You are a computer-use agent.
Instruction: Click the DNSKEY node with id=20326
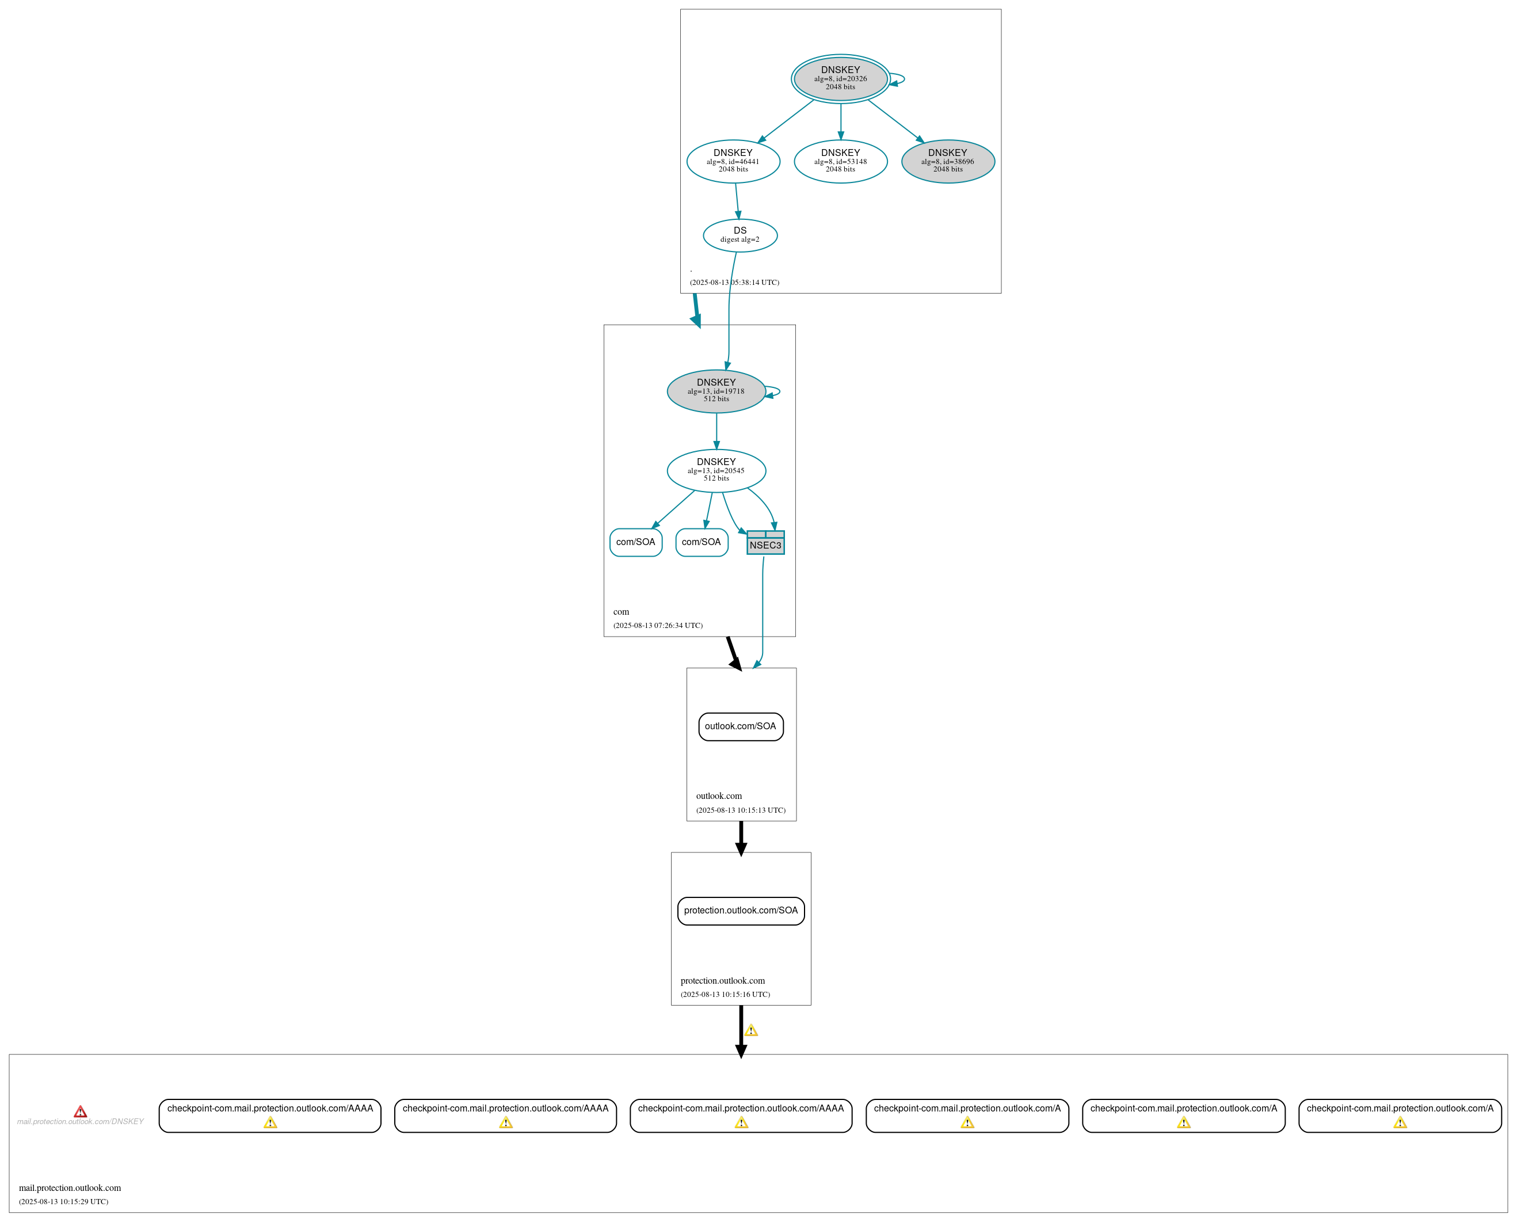840,78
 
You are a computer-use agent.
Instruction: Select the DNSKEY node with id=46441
733,161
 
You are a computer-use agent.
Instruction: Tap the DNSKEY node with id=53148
840,161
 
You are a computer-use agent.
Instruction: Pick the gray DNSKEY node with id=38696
948,161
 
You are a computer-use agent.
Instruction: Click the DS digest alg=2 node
740,235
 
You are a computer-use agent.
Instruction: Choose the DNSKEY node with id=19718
716,391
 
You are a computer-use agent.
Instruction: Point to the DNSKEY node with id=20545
716,470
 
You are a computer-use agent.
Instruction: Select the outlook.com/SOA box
741,726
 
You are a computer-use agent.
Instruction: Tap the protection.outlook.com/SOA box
741,911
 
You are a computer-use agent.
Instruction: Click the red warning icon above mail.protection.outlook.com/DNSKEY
81,1111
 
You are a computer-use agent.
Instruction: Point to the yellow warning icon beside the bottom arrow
752,1030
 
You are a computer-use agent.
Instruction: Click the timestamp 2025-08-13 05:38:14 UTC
734,282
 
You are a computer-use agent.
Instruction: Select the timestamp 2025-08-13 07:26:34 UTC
658,625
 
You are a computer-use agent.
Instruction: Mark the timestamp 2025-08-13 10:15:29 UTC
63,1202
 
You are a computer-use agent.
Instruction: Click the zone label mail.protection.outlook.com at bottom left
70,1187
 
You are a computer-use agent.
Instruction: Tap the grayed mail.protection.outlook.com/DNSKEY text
80,1121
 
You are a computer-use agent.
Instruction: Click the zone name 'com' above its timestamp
622,612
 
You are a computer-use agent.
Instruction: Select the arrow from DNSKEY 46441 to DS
737,201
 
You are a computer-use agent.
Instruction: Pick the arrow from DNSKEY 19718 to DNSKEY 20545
716,431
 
